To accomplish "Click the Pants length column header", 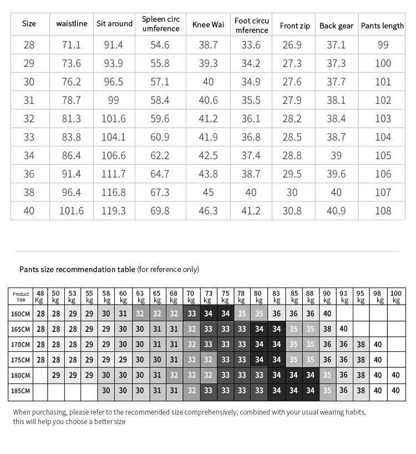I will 382,26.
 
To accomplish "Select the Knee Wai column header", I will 208,25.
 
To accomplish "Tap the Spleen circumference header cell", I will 161,24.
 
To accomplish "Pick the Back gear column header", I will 336,26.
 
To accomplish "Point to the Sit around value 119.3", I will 114,210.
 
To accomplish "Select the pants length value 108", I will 383,210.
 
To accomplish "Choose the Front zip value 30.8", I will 292,210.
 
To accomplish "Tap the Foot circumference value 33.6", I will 251,45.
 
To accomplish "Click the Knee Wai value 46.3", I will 208,210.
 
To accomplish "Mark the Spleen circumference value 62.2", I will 160,156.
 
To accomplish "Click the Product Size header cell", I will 21,296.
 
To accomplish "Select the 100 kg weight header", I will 395,296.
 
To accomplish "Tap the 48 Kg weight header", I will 40,296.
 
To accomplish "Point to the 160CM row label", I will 21,313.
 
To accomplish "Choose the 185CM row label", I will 21,390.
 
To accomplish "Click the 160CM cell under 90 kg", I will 327,313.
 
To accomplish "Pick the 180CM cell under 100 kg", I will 395,375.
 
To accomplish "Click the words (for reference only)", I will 168,269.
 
